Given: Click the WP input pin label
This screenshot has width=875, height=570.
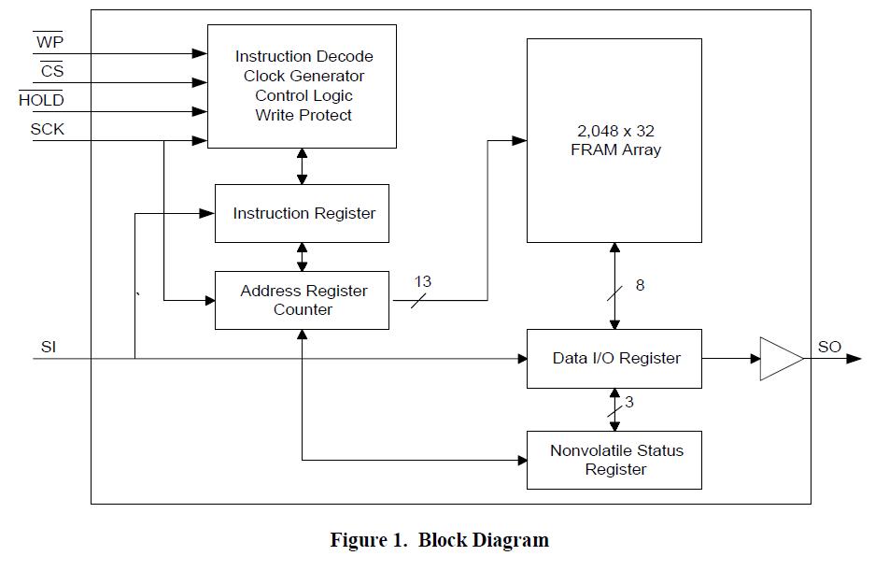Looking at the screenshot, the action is coord(49,41).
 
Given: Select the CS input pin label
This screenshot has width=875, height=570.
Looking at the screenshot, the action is coord(52,70).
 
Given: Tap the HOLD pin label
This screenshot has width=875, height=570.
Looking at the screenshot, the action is coord(41,99).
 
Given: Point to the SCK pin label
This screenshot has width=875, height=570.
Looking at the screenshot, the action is coord(47,129).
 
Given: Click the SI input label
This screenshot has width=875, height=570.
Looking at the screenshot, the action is coord(49,347).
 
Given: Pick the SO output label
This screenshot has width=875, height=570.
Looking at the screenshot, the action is coord(829,347).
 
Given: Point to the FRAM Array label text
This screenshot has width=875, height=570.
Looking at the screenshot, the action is coord(615,140).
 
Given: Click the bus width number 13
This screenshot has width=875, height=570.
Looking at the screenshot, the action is coord(422,281).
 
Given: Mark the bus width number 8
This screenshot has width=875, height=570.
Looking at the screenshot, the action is coord(640,285).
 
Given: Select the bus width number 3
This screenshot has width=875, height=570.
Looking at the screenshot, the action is coord(628,402).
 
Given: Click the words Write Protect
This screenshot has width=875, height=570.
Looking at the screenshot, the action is coord(303,115).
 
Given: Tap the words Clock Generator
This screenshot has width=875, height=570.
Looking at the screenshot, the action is coord(303,76).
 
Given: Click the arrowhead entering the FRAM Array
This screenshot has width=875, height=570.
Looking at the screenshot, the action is coord(519,141).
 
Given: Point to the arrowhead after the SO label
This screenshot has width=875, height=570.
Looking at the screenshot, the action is coord(854,359).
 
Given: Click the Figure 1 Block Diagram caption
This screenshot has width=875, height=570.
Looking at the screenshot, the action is coord(439,540).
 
